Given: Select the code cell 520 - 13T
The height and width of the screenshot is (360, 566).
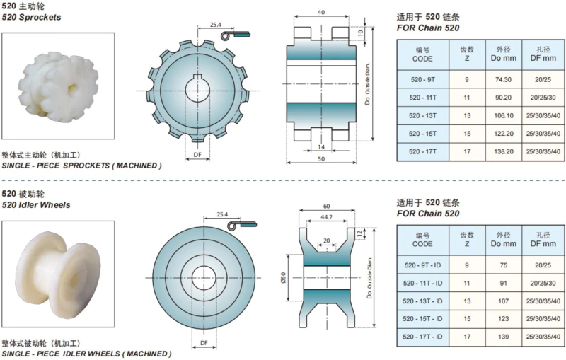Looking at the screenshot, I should coord(422,115).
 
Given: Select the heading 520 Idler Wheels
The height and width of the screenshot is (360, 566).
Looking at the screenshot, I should coord(35,204).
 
